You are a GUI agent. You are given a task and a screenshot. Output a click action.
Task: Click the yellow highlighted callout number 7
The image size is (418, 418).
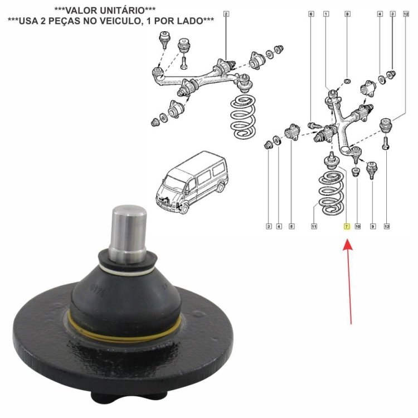(347, 226)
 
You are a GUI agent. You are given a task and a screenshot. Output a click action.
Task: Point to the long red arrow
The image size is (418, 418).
(349, 282)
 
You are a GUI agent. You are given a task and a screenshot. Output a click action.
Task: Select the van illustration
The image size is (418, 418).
(192, 183)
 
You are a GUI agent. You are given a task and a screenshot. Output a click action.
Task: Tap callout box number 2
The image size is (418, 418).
(226, 14)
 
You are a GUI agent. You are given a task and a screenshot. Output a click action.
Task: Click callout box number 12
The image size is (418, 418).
(406, 14)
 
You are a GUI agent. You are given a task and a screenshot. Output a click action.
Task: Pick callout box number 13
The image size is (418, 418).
(387, 226)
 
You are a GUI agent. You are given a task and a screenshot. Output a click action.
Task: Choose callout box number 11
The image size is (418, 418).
(314, 226)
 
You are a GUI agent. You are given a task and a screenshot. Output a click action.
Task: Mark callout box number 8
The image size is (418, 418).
(347, 14)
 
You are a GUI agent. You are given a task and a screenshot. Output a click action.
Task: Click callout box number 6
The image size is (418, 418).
(311, 14)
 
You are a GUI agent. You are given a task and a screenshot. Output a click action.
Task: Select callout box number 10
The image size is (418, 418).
(357, 226)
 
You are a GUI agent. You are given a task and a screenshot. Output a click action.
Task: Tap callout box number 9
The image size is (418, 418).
(373, 226)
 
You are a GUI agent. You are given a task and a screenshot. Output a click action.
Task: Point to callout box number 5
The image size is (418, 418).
(291, 226)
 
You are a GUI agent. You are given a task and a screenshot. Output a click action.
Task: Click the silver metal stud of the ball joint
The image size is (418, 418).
(129, 233)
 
